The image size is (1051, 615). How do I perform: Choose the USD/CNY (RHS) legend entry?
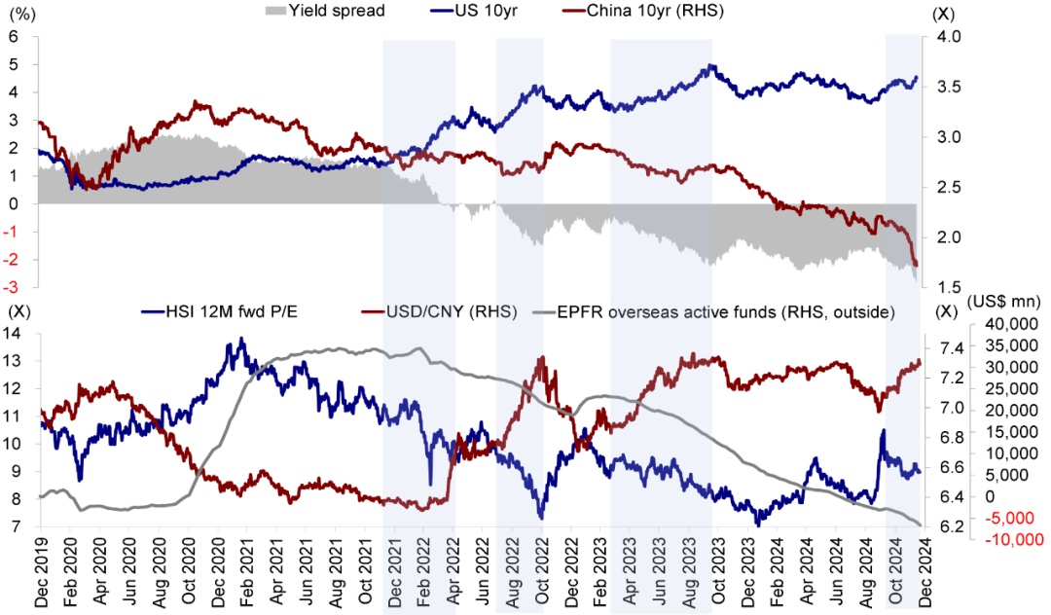[x=439, y=311]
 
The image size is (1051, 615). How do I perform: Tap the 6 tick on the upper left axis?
[x=14, y=37]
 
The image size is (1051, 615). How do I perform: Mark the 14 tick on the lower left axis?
[x=14, y=333]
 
